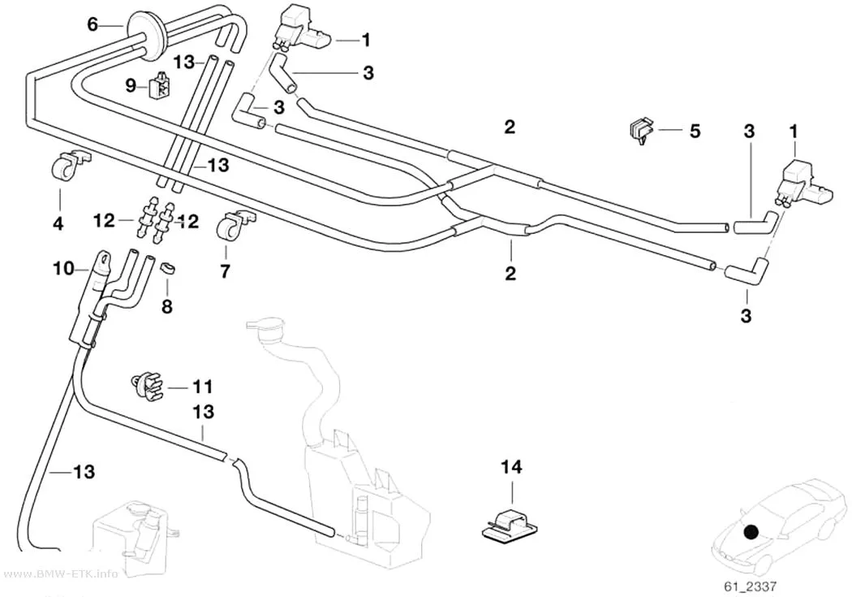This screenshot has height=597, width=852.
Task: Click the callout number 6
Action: pos(93,24)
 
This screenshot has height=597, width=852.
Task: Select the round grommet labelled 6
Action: pos(146,37)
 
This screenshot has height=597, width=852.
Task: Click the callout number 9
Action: pos(131,85)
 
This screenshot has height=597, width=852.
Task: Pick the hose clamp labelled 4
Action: pos(66,165)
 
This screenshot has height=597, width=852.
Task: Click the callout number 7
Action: pos(225,270)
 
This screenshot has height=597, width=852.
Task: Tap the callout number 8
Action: pos(167,307)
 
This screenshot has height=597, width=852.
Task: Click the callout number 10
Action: pos(63,268)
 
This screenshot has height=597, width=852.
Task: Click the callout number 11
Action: pos(202,387)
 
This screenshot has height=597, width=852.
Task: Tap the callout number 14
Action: pos(510,467)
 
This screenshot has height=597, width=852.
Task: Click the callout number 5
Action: pos(695,131)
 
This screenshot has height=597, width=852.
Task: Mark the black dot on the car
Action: pos(751,532)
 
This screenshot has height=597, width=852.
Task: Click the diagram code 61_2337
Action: pos(751,587)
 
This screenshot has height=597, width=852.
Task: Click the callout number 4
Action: pos(58,223)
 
